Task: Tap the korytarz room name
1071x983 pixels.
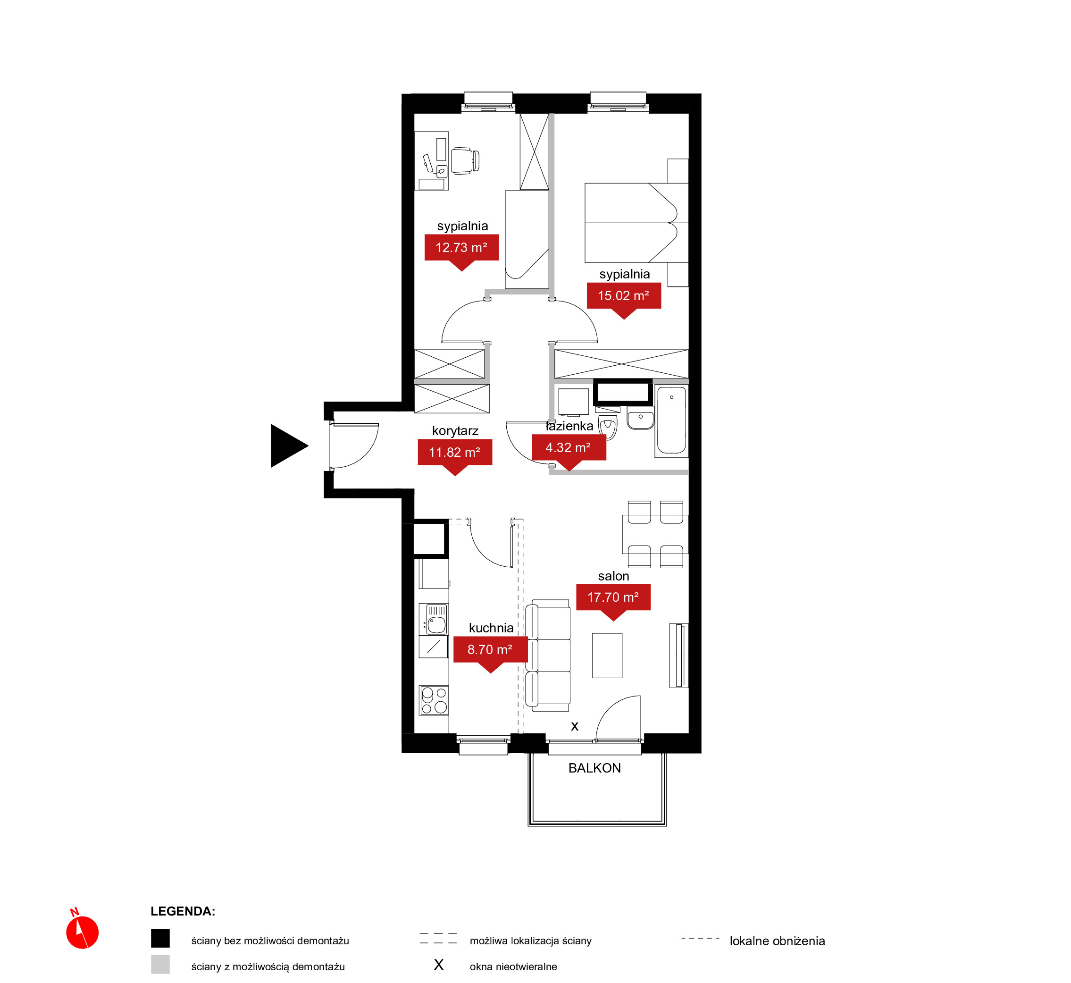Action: point(455,431)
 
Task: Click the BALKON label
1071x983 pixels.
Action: point(594,768)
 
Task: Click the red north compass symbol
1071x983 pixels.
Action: point(83,932)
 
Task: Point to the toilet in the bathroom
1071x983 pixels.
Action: point(608,427)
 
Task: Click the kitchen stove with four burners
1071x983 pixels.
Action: point(434,700)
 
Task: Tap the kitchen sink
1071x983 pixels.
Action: point(434,619)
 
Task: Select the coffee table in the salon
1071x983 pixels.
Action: point(607,655)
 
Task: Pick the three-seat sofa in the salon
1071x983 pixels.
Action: point(548,655)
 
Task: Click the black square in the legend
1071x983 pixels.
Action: point(160,938)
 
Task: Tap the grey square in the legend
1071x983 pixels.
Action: point(160,965)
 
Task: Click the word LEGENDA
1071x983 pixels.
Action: point(183,911)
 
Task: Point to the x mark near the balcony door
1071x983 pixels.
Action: point(575,727)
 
